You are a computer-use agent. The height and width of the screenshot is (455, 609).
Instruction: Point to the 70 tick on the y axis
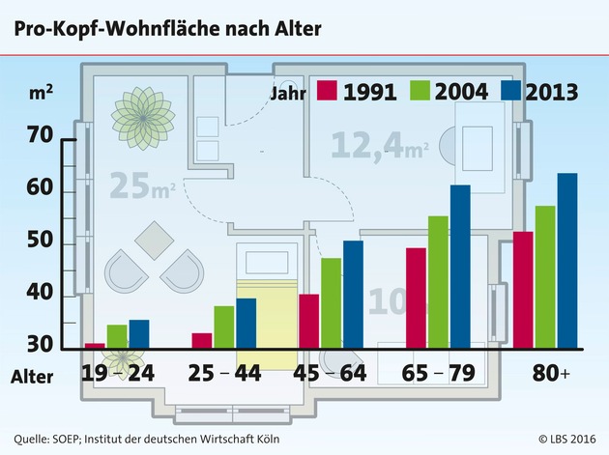pyautogui.click(x=42, y=136)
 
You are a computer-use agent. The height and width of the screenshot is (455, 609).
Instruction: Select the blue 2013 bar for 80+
pyautogui.click(x=566, y=261)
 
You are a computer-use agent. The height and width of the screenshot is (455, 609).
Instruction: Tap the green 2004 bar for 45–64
pyautogui.click(x=331, y=302)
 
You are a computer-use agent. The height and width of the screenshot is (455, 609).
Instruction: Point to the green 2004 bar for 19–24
pyautogui.click(x=117, y=336)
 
